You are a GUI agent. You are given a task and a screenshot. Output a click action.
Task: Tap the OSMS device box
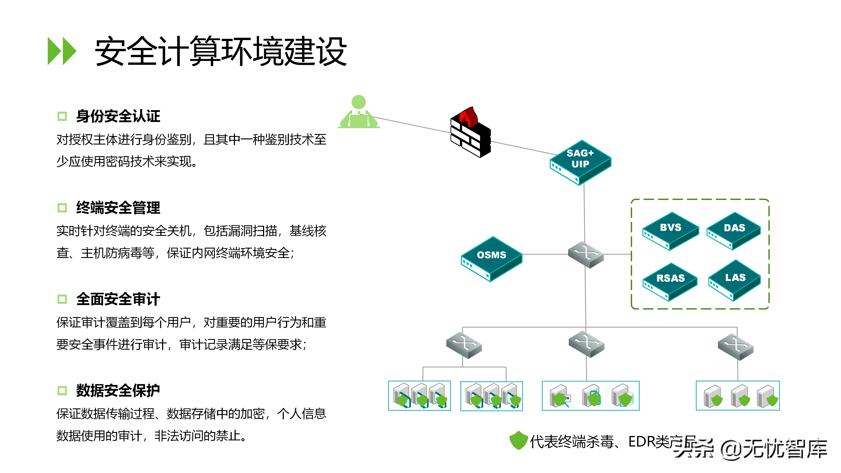coord(491,258)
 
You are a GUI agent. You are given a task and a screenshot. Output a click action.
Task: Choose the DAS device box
coord(734,230)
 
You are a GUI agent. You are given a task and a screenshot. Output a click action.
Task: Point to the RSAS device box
coord(670,281)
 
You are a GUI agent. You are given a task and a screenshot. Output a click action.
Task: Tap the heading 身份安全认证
coord(118,116)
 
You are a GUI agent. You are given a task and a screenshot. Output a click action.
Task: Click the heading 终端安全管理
coord(118,208)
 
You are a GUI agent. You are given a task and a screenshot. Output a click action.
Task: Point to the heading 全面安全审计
coord(118,299)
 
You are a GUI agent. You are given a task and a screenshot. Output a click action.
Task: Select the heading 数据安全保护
coord(118,390)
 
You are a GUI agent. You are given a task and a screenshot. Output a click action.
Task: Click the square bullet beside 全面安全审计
coord(62,299)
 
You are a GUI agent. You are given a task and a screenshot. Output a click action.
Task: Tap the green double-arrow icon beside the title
coord(62,51)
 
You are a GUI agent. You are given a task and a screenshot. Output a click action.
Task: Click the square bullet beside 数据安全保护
coord(62,390)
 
